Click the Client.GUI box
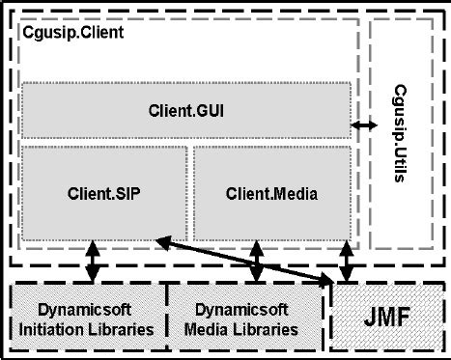(187, 110)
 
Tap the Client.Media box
(271, 192)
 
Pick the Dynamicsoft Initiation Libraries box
(88, 319)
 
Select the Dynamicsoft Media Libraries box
(248, 319)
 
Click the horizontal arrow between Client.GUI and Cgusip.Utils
(364, 125)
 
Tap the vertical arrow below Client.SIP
(93, 262)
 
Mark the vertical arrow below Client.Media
(256, 262)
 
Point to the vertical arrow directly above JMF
(347, 262)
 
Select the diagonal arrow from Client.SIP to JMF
(241, 259)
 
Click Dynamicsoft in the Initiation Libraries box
(88, 311)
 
